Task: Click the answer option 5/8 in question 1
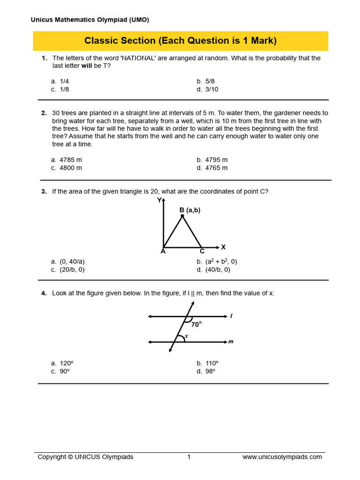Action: (x=210, y=81)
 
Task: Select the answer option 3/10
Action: (x=211, y=89)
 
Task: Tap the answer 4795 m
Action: (x=216, y=160)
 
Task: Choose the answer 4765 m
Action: (x=216, y=168)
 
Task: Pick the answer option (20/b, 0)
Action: (x=72, y=270)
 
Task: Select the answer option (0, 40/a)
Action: (x=72, y=262)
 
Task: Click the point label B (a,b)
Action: (x=190, y=210)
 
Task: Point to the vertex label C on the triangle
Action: (x=202, y=251)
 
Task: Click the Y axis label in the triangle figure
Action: (x=159, y=201)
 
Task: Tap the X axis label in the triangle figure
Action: (x=223, y=247)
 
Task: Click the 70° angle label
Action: (x=196, y=324)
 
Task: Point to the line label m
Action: (x=231, y=342)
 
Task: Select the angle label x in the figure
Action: (x=186, y=336)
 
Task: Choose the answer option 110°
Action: (x=211, y=363)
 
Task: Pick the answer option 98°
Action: (x=210, y=371)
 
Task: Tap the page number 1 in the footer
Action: (x=189, y=457)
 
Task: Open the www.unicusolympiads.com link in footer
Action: (x=282, y=457)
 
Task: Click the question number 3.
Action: (x=44, y=191)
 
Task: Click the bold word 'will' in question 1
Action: (x=87, y=66)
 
